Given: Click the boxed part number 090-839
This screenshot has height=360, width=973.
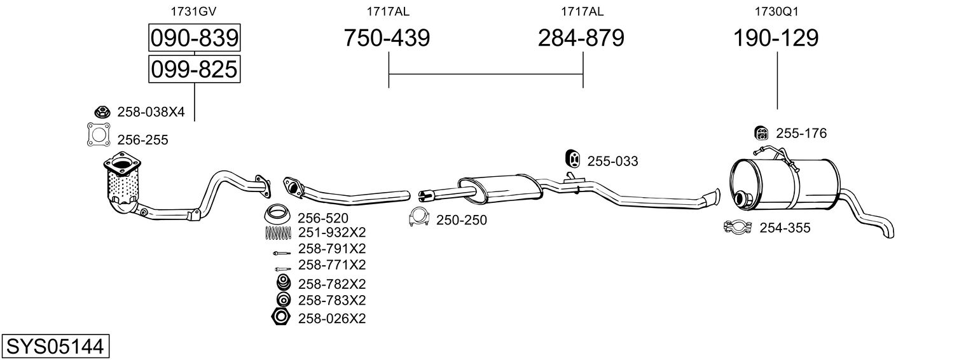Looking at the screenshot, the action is [194, 38].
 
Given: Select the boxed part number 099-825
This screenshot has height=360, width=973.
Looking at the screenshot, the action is [194, 69].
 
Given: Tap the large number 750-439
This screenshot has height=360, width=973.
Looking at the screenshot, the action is [387, 38].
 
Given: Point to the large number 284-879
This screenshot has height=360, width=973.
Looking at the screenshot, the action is [581, 38].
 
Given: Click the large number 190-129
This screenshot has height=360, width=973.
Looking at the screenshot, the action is [776, 38].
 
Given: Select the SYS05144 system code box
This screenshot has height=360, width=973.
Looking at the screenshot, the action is [55, 346].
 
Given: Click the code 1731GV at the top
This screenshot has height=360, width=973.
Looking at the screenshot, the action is [193, 11].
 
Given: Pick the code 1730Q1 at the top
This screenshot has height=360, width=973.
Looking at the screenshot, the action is [776, 11].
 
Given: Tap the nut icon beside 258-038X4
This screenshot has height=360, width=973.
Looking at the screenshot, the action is [102, 112].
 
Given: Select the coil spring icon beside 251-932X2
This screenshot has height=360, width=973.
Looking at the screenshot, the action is [278, 233].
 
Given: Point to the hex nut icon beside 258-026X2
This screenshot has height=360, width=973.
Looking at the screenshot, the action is [280, 317].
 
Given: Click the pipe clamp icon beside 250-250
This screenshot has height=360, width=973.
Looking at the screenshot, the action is [418, 217].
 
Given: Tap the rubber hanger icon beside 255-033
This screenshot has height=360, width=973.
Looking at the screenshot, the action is [572, 159].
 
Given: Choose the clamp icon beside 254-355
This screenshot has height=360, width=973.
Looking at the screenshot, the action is [738, 227].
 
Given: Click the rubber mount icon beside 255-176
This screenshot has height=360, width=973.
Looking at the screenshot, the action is [761, 133].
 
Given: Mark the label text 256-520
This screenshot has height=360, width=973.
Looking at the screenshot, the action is [322, 218].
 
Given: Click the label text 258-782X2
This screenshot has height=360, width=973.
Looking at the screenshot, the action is [332, 284].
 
